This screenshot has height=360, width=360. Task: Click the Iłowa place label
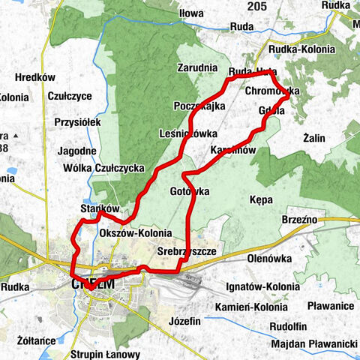(191, 13)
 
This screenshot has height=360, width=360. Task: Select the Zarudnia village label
(197, 67)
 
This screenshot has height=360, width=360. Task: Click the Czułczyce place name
(69, 96)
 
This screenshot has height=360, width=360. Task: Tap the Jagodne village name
(75, 151)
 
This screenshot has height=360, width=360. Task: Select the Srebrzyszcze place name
(186, 253)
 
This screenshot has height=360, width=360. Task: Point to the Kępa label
(259, 200)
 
